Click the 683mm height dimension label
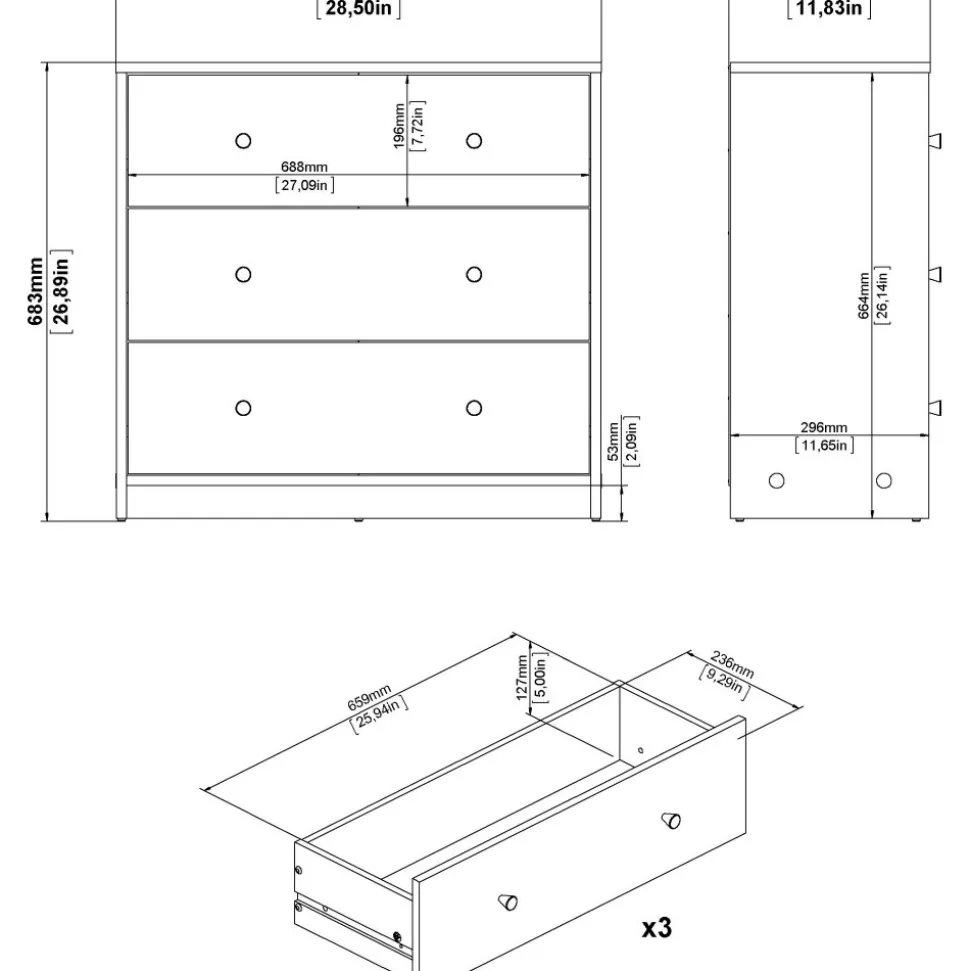click(35, 291)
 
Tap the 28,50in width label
click(359, 8)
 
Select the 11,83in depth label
click(829, 8)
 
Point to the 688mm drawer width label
click(304, 167)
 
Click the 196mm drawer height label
click(399, 126)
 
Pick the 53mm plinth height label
click(613, 442)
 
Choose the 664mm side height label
click(864, 296)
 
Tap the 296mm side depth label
click(824, 427)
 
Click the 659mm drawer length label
click(369, 698)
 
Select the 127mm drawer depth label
click(522, 677)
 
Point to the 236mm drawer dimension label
click(732, 664)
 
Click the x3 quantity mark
click(657, 928)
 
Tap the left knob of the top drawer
click(243, 141)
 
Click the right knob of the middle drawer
click(474, 274)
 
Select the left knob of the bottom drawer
click(243, 408)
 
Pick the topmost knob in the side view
click(935, 141)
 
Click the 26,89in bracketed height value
click(61, 291)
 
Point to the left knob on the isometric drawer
click(508, 902)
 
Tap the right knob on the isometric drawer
click(671, 821)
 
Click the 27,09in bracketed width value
click(304, 185)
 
